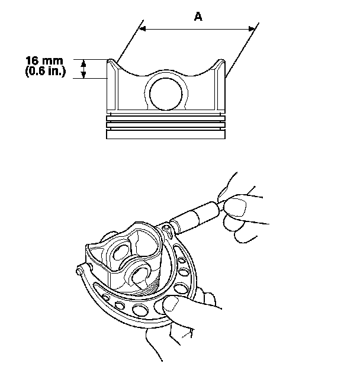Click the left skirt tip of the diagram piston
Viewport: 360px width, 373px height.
coord(111,62)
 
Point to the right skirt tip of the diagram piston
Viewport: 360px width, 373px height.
coord(221,62)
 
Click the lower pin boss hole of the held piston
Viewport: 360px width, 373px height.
coord(142,274)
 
